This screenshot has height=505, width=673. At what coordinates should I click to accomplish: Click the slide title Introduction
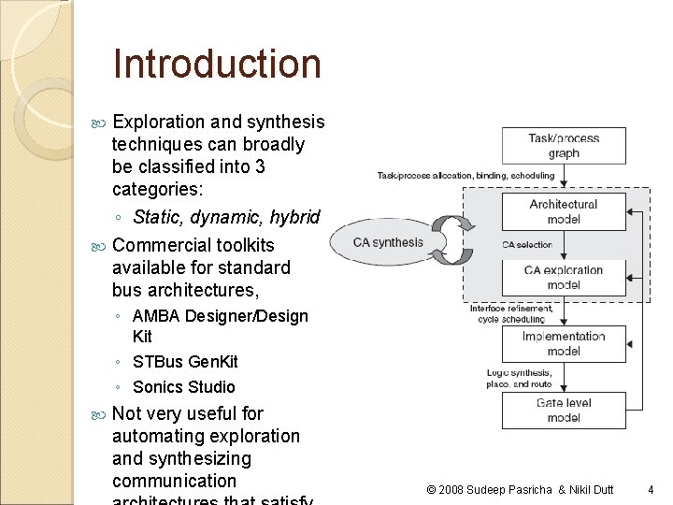tap(216, 64)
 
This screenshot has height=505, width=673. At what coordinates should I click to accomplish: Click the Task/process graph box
tap(564, 145)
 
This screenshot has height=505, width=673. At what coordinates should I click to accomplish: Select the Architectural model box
tap(564, 211)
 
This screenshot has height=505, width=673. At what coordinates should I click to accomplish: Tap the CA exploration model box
tap(564, 277)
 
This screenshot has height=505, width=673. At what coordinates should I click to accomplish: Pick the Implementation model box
tap(564, 343)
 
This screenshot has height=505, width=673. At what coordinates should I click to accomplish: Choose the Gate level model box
tap(564, 410)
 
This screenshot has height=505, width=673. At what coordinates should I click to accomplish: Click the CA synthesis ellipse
tap(388, 243)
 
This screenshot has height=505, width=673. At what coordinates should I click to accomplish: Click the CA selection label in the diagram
tap(526, 245)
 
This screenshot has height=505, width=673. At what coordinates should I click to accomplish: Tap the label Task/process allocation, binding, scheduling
tap(465, 175)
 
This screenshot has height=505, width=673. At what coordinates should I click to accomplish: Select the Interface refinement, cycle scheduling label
tap(511, 313)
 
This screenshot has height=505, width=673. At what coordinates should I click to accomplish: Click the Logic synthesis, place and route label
tap(519, 378)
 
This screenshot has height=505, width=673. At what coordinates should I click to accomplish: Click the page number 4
tap(652, 488)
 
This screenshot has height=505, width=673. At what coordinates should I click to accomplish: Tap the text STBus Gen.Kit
tap(185, 362)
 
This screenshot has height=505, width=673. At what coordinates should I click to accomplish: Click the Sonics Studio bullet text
tap(184, 387)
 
